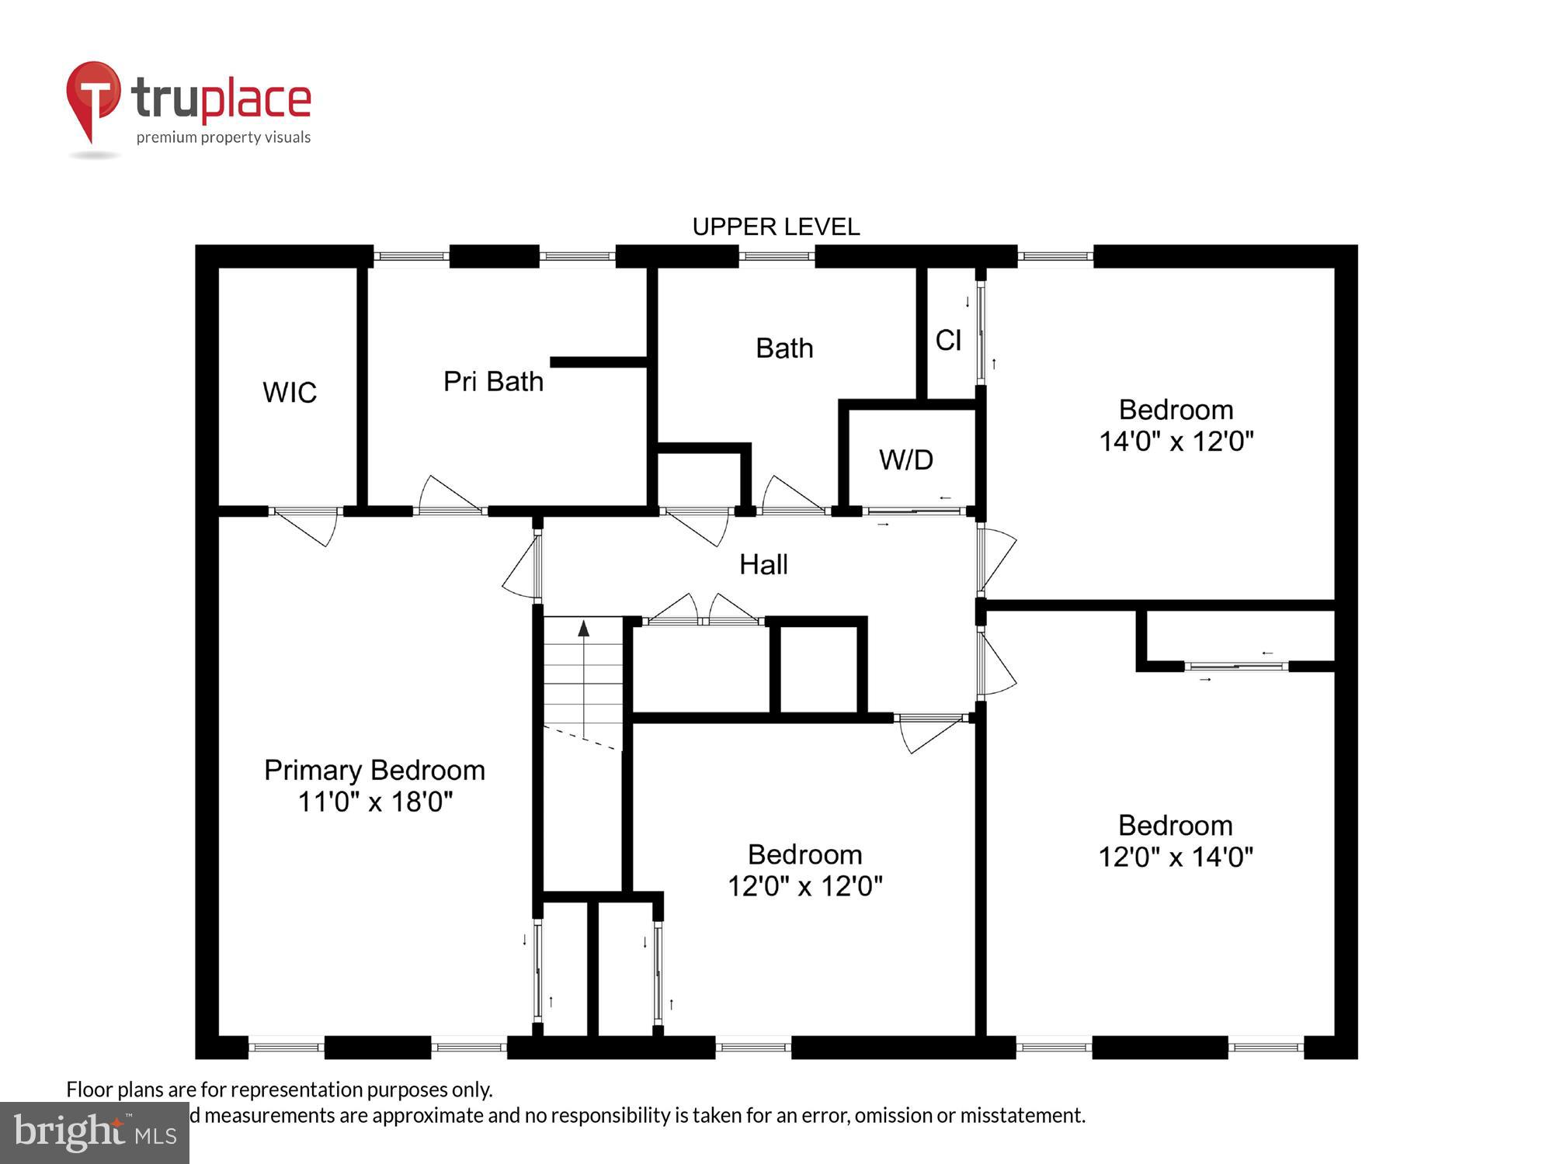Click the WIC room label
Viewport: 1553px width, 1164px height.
pos(290,393)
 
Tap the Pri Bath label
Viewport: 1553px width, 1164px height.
pos(493,382)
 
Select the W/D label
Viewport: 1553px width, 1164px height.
pos(905,460)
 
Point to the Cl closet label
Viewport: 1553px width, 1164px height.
pos(948,341)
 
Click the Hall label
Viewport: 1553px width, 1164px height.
pos(763,565)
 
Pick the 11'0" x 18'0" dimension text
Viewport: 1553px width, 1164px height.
pos(375,802)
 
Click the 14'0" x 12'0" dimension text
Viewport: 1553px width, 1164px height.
pos(1176,442)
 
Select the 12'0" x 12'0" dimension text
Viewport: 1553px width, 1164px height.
pos(804,886)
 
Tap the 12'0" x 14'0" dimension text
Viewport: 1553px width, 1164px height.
pos(1175,857)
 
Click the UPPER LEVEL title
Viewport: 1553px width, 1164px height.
pos(776,227)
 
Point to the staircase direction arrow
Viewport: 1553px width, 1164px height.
pos(583,629)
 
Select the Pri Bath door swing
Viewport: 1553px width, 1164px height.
pos(448,495)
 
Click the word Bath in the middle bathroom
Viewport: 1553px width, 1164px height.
pos(784,348)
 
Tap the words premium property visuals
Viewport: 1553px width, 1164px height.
pos(224,138)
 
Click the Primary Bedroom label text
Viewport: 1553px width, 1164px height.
pos(374,771)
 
